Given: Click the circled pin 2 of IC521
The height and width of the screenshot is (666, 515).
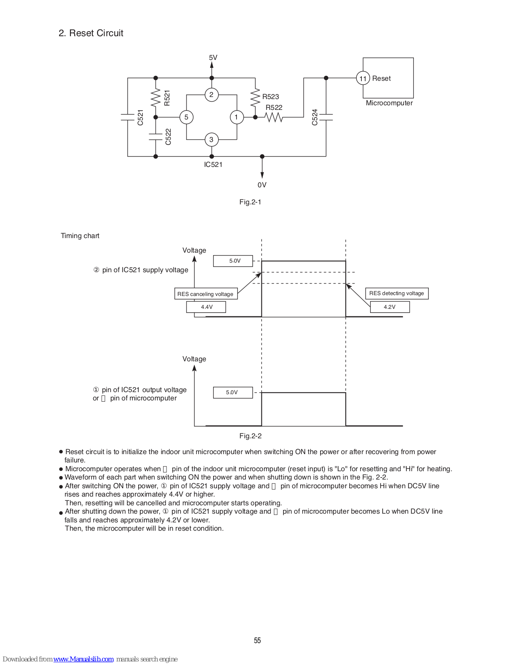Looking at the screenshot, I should [x=211, y=95].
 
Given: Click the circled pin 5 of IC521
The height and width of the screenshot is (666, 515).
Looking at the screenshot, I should [x=186, y=117].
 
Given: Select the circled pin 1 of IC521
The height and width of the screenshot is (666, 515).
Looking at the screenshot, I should [x=236, y=117].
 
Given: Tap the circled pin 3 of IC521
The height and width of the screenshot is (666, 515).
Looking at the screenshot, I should [x=211, y=140].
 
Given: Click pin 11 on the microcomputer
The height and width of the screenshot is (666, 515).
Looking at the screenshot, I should [x=363, y=78].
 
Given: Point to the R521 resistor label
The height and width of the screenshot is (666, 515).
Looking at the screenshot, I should [x=167, y=98].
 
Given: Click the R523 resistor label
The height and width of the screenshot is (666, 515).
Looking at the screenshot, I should [x=271, y=97].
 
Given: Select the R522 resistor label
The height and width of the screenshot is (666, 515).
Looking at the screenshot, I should [x=274, y=107].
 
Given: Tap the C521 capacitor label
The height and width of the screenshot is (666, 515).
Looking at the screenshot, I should [x=140, y=117].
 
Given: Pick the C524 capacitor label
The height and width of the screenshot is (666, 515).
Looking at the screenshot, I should [x=315, y=117].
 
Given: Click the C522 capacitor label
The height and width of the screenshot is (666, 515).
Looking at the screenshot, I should [x=168, y=137].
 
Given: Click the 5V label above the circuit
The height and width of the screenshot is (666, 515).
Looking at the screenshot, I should [x=213, y=58].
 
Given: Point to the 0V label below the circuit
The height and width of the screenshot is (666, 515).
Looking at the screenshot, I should [x=262, y=185].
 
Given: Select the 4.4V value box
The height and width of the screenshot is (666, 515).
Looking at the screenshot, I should [x=206, y=307].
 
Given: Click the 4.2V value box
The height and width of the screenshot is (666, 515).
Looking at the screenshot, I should [x=390, y=307].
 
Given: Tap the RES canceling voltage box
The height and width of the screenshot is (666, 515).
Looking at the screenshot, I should [x=206, y=294].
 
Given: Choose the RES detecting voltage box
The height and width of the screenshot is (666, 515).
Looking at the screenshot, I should [x=396, y=293].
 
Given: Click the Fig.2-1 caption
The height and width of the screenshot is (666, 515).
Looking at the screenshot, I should [x=250, y=202].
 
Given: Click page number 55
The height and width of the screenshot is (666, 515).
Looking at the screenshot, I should [x=257, y=640].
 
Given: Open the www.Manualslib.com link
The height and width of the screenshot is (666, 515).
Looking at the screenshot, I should [x=83, y=659].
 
